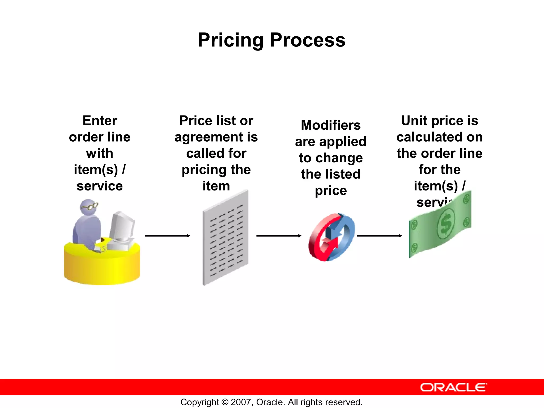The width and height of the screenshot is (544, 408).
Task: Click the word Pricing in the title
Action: (x=231, y=40)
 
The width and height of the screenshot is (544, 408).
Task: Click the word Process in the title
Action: (x=308, y=40)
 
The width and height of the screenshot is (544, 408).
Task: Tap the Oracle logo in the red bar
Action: (x=453, y=387)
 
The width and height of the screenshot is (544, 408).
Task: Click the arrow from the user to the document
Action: (x=167, y=236)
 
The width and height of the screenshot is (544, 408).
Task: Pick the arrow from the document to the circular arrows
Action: (x=279, y=236)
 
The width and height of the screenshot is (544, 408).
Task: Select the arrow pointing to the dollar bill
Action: (x=379, y=236)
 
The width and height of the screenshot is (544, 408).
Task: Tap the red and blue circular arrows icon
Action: (x=331, y=237)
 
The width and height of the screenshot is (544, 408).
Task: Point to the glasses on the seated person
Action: (x=90, y=206)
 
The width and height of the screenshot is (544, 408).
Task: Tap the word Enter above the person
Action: (x=100, y=121)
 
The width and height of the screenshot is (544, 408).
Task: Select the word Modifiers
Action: (x=331, y=125)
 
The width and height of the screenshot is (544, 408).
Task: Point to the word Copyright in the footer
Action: (x=199, y=402)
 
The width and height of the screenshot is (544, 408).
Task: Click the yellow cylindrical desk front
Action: (x=102, y=268)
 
